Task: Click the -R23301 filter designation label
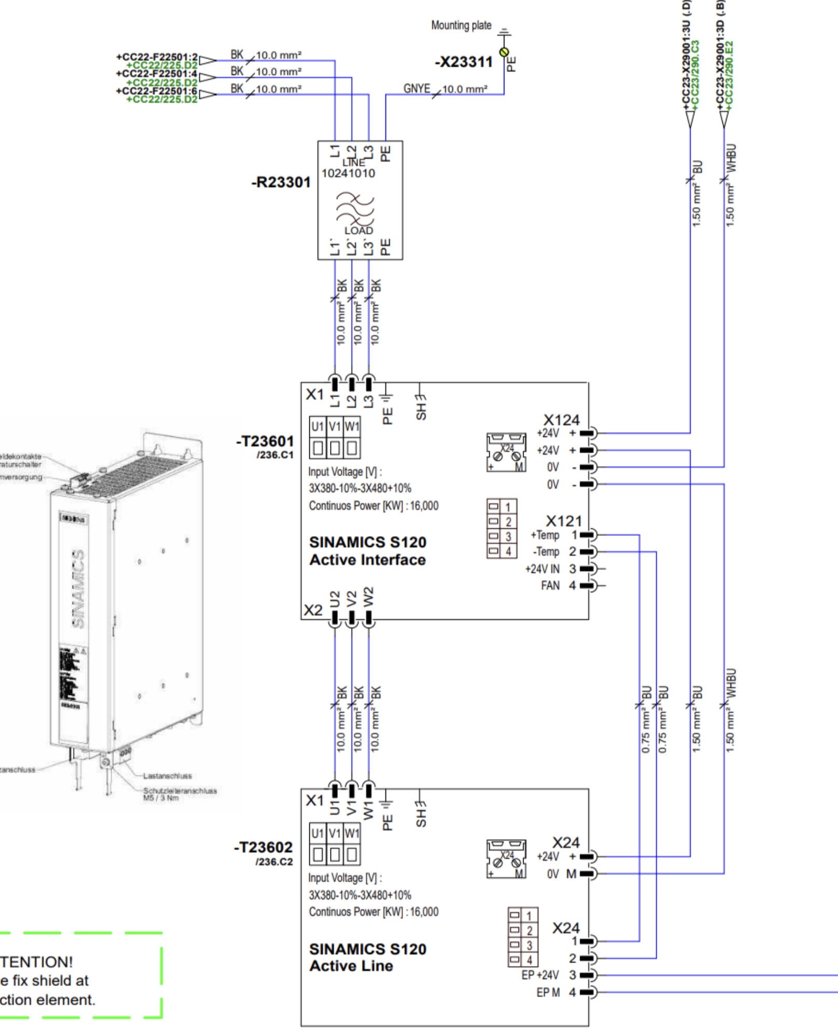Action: tap(281, 182)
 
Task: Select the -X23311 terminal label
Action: tap(463, 62)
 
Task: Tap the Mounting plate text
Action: tap(461, 25)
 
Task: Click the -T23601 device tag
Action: tap(265, 441)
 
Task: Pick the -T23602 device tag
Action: tap(263, 848)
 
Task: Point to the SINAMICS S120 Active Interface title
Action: tap(367, 551)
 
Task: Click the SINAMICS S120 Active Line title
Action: tap(367, 957)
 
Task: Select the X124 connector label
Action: tap(561, 420)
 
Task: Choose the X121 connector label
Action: tap(564, 520)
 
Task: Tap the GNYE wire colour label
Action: tap(417, 89)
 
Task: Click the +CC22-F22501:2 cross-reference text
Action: tap(157, 57)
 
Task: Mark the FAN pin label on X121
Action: tap(550, 586)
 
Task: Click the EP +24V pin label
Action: tap(540, 975)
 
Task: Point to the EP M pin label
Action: tap(548, 992)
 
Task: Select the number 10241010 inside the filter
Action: tap(348, 173)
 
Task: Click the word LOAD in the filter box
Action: tap(359, 230)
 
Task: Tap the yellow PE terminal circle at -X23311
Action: tap(503, 52)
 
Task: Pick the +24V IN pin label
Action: tap(542, 569)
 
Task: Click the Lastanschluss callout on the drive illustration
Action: tap(167, 776)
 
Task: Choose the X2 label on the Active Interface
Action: tap(313, 610)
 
